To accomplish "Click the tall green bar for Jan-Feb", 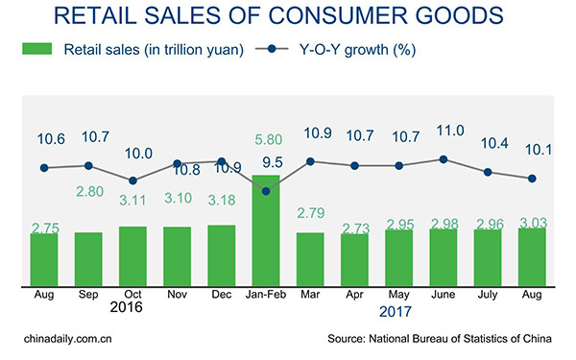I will [x=266, y=230].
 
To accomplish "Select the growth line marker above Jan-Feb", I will [x=266, y=190].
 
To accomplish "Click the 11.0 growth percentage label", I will [x=443, y=131].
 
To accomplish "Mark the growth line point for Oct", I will [x=132, y=180].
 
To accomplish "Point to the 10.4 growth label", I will [x=489, y=143].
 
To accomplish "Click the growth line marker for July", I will [x=489, y=172].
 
